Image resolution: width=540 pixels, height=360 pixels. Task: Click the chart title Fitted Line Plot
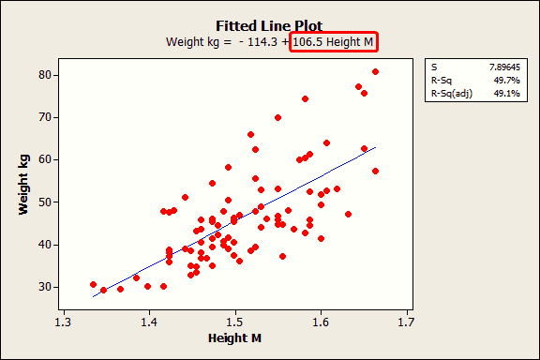pos(270,25)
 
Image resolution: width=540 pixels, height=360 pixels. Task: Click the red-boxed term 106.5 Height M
pos(334,42)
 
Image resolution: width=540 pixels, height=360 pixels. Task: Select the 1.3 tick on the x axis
pos(63,323)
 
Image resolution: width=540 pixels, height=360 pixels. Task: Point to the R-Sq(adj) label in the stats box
pos(452,96)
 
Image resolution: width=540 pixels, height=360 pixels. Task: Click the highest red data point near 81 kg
pos(375,71)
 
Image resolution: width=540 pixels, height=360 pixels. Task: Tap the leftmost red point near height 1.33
pos(93,284)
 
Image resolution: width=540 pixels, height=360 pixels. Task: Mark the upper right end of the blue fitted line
pos(376,147)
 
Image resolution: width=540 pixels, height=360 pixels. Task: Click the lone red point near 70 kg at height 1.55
pos(277,117)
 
